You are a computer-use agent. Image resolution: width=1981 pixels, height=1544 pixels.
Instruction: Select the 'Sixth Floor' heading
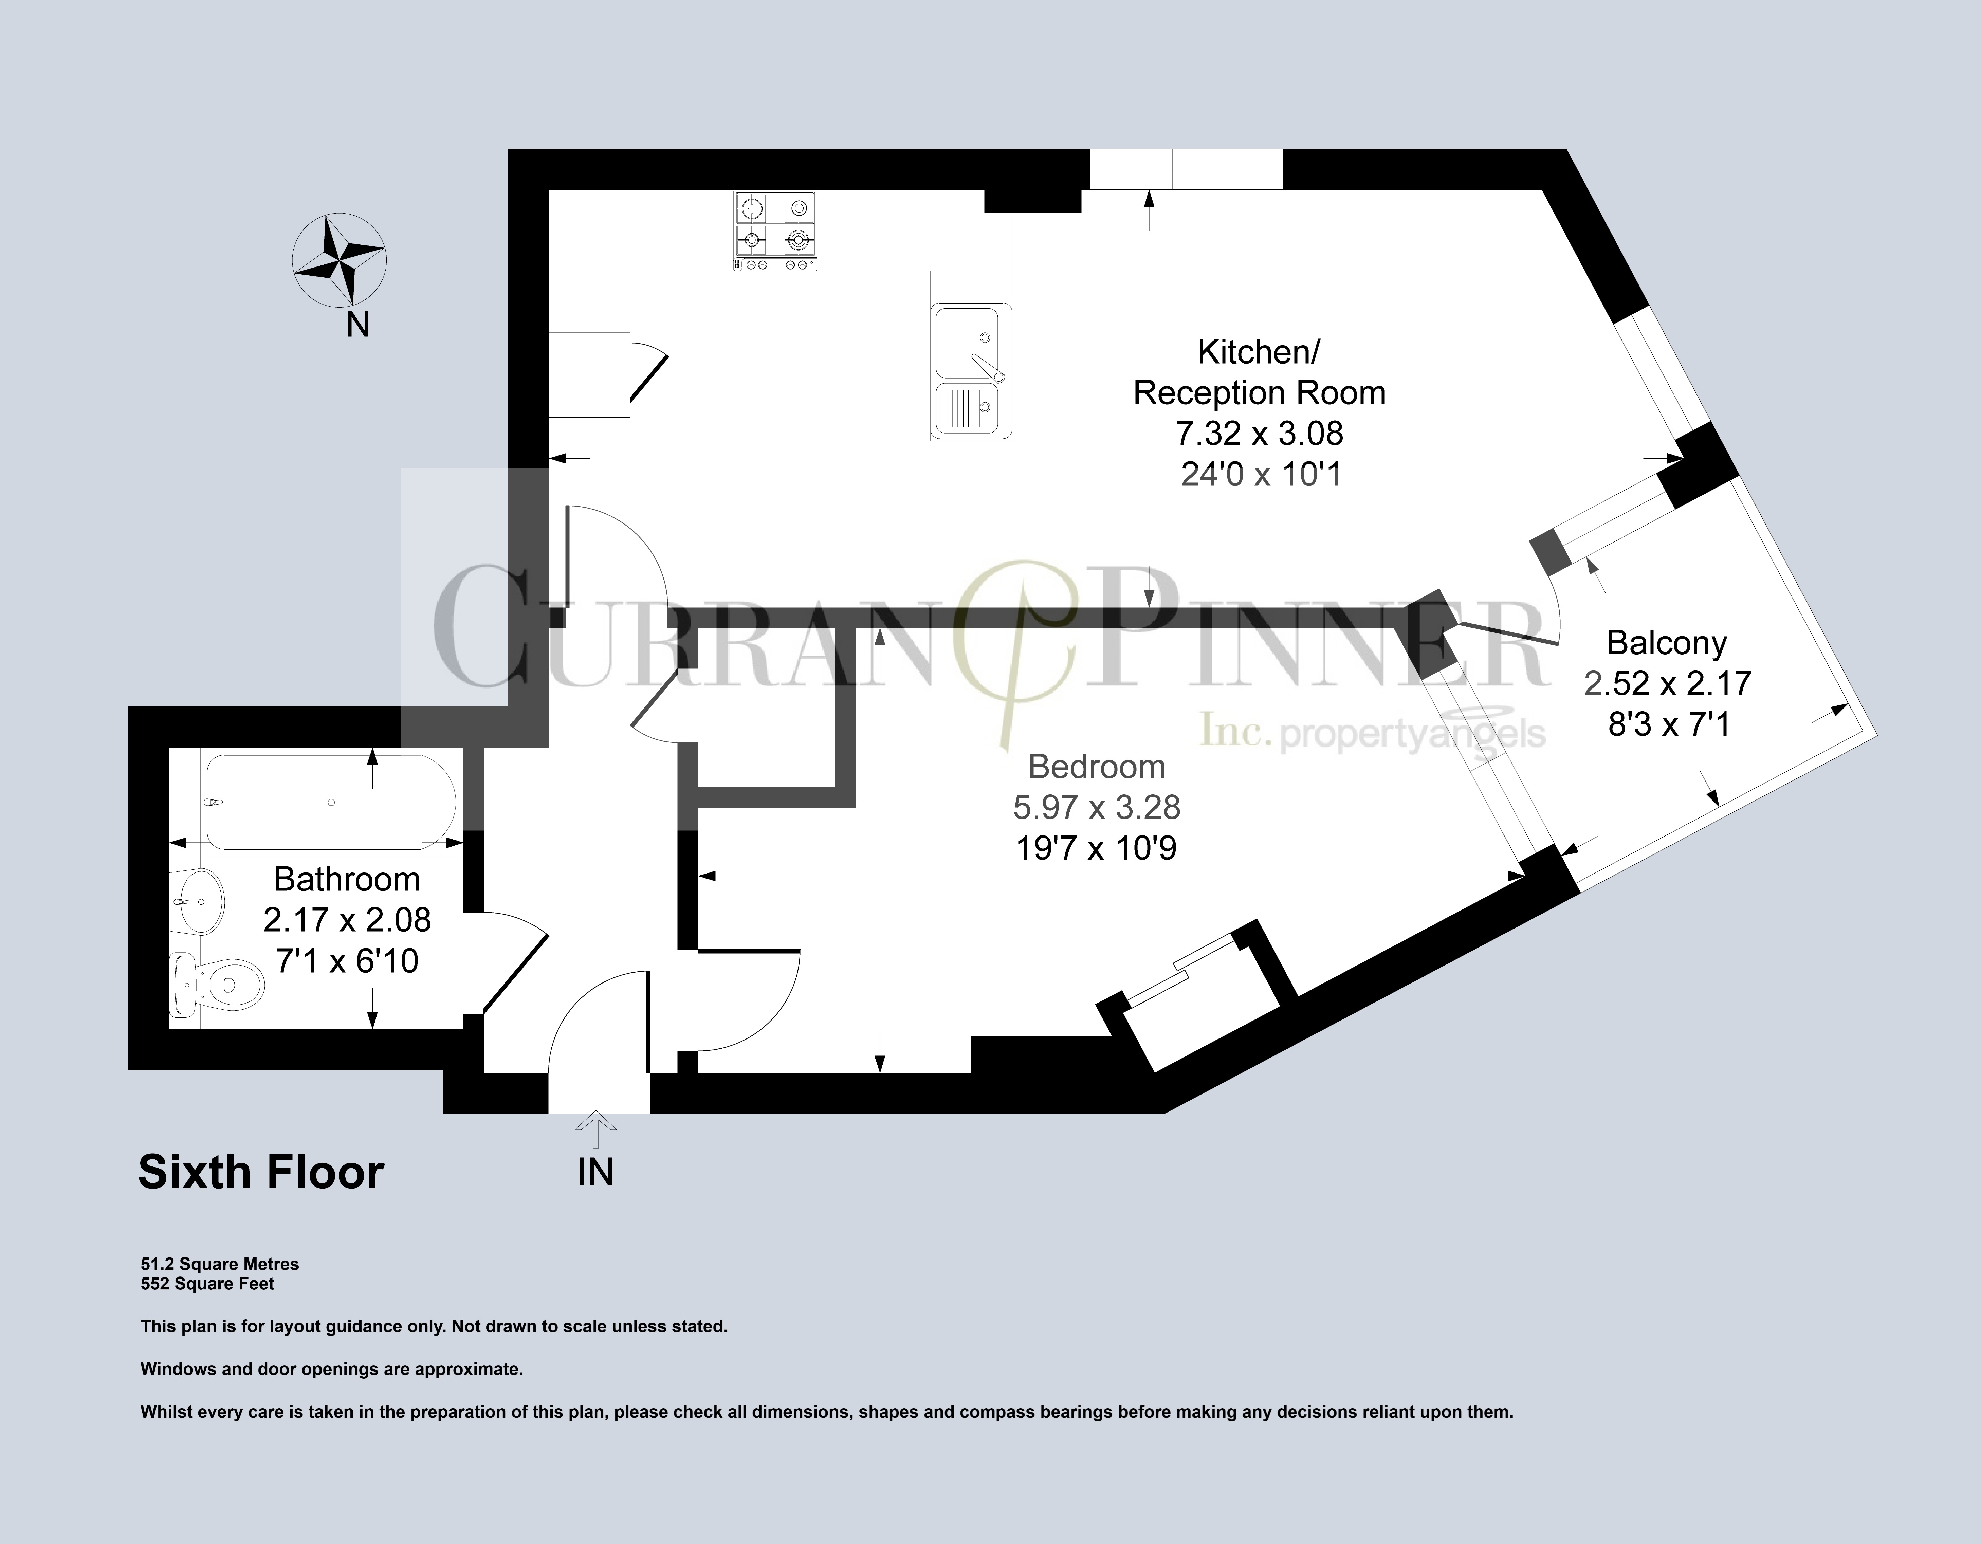pyautogui.click(x=261, y=1172)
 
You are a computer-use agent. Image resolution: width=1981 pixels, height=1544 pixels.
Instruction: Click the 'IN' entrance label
pyautogui.click(x=595, y=1172)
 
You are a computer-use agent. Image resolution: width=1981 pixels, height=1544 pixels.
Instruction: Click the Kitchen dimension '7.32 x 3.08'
pyautogui.click(x=1259, y=434)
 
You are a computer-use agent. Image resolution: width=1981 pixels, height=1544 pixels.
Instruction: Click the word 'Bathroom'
pyautogui.click(x=347, y=879)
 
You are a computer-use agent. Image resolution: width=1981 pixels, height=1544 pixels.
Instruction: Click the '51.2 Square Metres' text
pyautogui.click(x=220, y=1264)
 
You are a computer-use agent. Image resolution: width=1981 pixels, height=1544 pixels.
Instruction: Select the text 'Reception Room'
pyautogui.click(x=1259, y=393)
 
